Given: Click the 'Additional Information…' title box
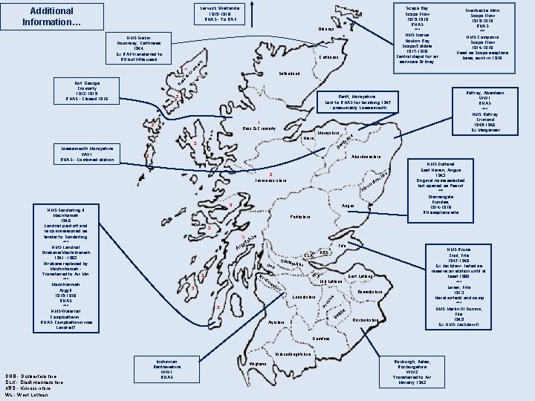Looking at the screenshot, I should point(48,16).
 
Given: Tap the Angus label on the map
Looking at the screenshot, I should point(347,206).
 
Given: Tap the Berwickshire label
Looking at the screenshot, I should point(370,293).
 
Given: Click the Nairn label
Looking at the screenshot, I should point(309,138).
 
